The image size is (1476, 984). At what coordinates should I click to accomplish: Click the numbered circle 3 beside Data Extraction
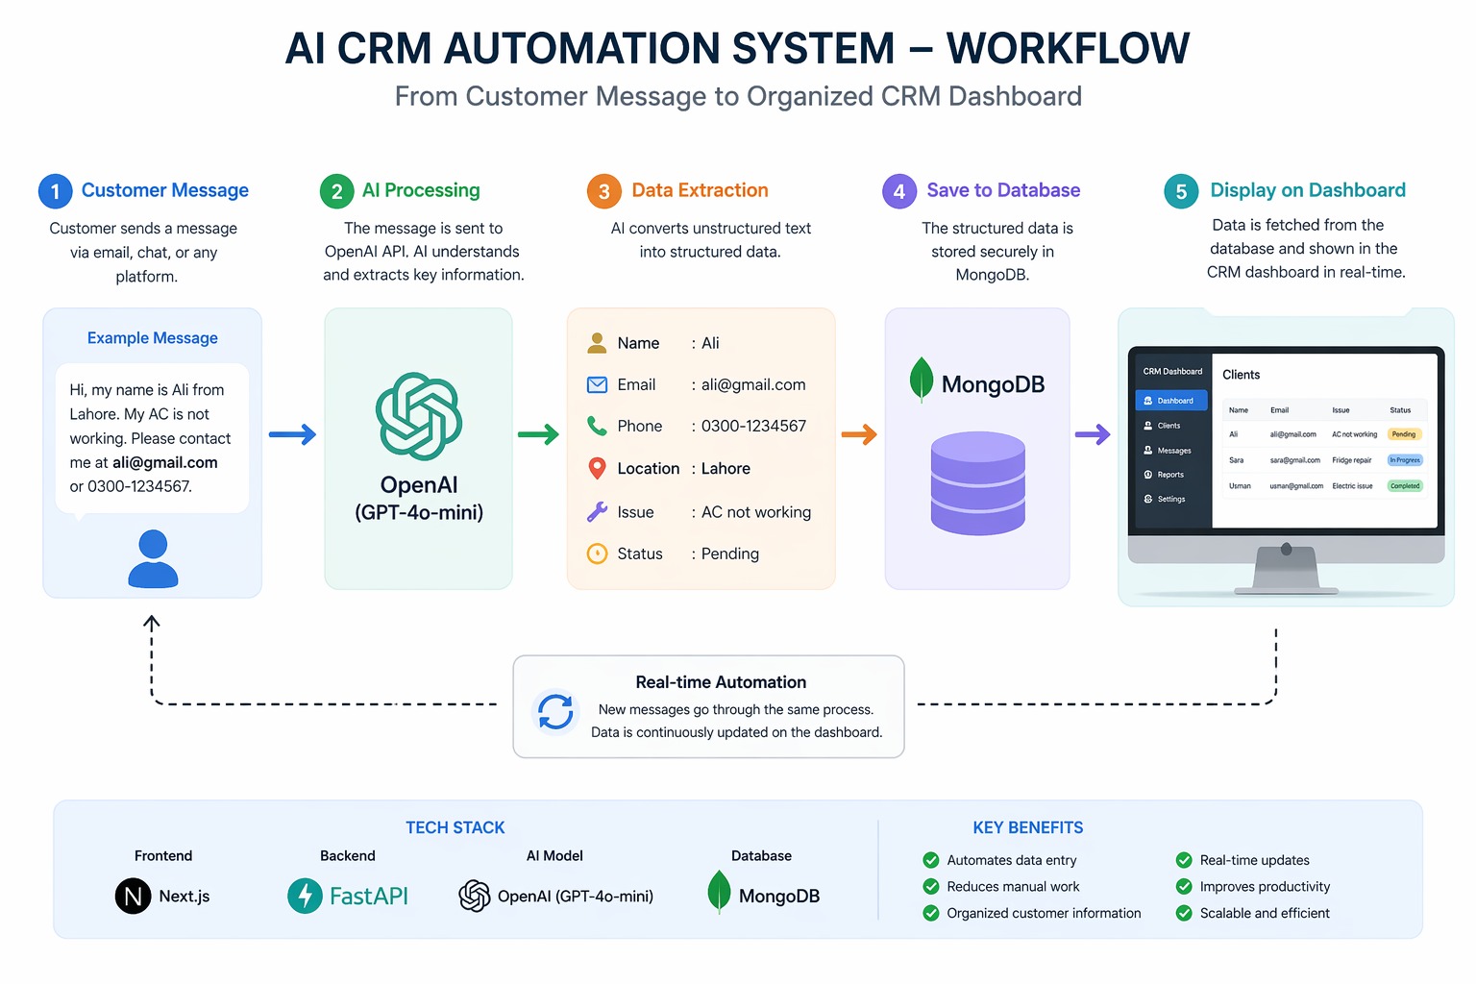point(603,191)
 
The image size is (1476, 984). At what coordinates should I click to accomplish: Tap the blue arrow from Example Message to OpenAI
point(292,434)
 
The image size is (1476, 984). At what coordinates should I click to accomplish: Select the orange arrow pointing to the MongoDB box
point(859,434)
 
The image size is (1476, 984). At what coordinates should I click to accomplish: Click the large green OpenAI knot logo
point(419,416)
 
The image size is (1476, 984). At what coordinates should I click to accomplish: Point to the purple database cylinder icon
point(978,483)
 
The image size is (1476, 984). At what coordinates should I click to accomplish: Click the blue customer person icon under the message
point(153,558)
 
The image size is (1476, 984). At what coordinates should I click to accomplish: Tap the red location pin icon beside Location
point(597,469)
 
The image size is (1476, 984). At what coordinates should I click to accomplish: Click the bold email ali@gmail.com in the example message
point(165,462)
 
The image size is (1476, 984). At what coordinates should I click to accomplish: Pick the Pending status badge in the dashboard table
point(1404,434)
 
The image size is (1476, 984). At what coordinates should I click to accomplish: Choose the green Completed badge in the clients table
point(1404,486)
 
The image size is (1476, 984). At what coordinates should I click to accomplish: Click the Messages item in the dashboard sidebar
point(1173,450)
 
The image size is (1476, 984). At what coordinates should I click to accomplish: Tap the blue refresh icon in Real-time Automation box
point(555,712)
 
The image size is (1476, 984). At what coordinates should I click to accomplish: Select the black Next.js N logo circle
point(133,896)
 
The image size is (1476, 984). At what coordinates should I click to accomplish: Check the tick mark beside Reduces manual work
point(930,886)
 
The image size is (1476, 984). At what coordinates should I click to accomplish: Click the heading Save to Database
point(1003,190)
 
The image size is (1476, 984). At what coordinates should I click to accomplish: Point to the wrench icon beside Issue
point(597,512)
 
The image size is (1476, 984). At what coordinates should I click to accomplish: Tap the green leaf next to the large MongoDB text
point(921,380)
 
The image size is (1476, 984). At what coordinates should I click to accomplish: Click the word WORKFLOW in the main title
point(1068,48)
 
